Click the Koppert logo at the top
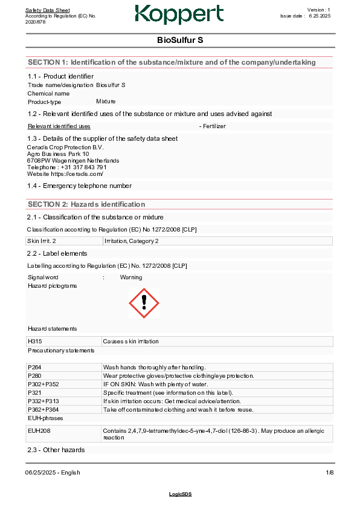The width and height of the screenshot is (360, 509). click(179, 15)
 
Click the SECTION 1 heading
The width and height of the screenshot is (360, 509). click(172, 62)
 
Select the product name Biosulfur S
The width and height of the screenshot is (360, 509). click(111, 85)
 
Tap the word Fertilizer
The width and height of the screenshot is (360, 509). click(214, 126)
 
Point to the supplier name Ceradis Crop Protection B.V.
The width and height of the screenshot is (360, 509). click(65, 147)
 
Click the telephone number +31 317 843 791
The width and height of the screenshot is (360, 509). click(83, 167)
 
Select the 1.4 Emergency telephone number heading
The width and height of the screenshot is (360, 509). click(79, 186)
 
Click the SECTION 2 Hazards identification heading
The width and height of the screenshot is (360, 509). click(86, 204)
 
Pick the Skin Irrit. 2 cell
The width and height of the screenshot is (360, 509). click(42, 241)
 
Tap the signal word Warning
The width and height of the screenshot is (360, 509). click(131, 277)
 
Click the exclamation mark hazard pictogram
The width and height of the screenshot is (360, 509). click(144, 302)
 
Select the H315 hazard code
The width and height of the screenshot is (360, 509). click(34, 342)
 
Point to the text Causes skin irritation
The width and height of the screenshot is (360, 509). click(131, 342)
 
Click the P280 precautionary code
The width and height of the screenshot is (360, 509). click(34, 375)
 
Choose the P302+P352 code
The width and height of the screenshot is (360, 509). click(43, 384)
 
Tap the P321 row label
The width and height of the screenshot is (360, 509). click(34, 392)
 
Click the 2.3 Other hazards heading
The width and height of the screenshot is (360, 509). click(56, 450)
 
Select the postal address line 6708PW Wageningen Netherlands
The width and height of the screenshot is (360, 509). click(73, 161)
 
